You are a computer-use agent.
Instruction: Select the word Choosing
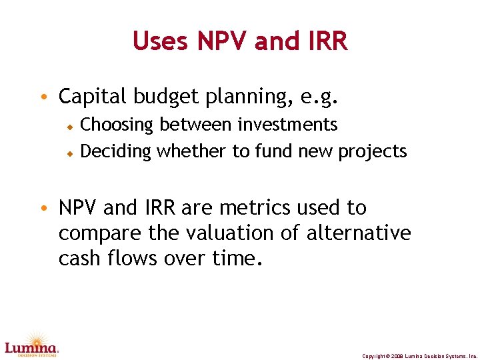click(x=117, y=125)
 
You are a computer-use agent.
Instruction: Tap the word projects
click(x=372, y=152)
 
